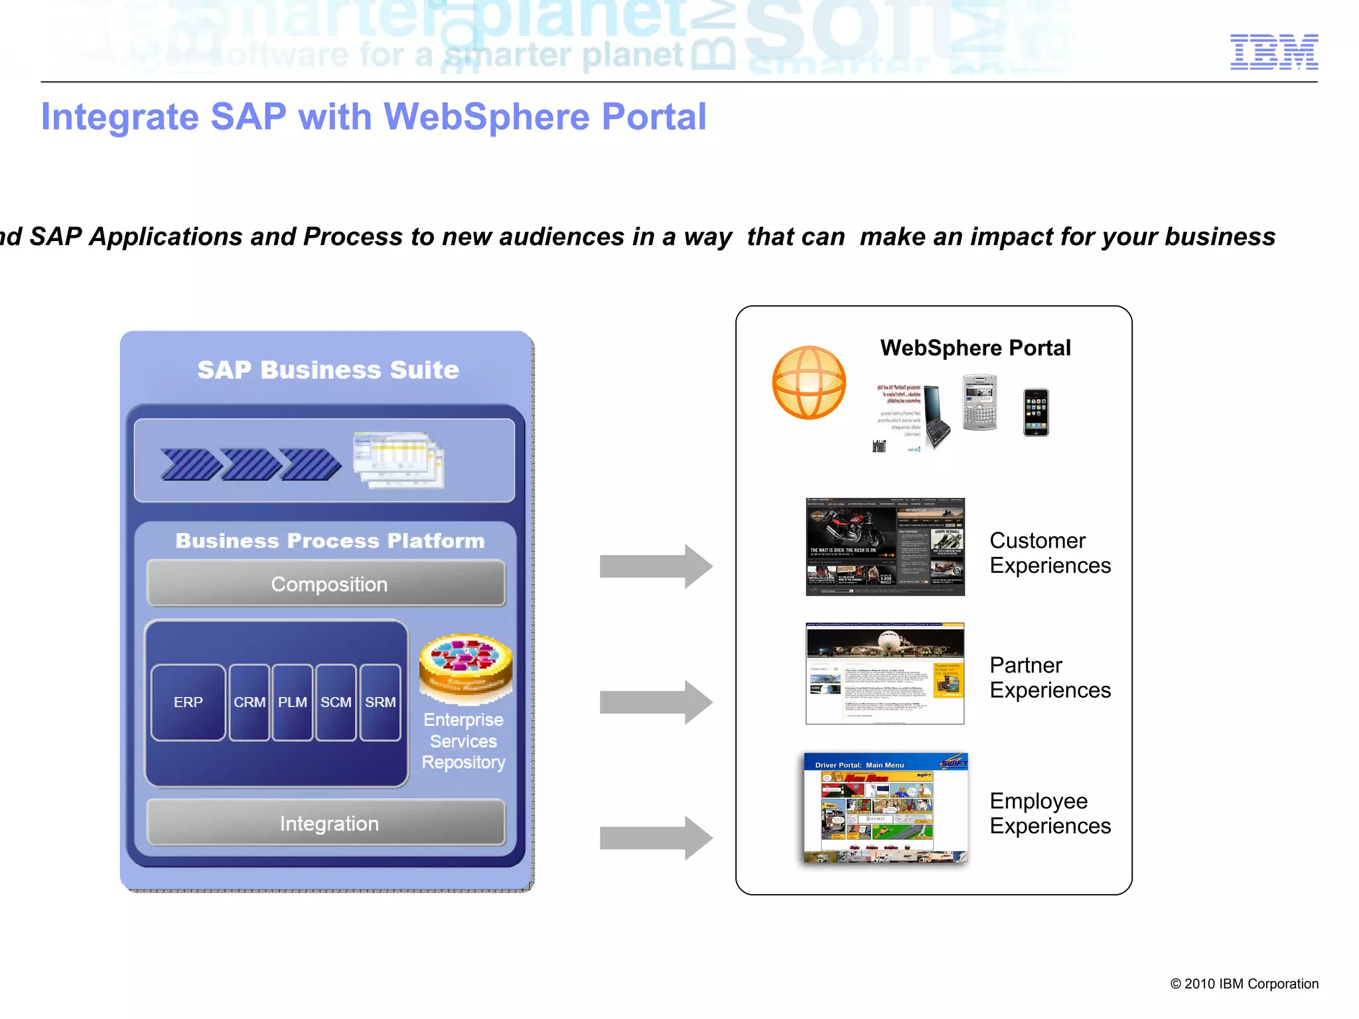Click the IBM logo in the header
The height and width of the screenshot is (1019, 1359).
(x=1273, y=52)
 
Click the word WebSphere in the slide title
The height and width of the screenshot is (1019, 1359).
(x=486, y=117)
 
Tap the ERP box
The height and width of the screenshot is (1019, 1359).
(x=188, y=702)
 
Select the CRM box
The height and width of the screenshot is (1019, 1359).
(x=250, y=702)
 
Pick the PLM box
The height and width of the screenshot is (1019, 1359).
(x=293, y=702)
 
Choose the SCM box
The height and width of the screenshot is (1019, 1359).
(x=336, y=702)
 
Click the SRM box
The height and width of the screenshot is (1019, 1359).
(x=380, y=702)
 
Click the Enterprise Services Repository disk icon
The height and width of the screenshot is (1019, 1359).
(x=466, y=667)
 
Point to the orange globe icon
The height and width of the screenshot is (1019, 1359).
(x=809, y=382)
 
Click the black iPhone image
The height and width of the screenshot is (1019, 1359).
(x=1035, y=412)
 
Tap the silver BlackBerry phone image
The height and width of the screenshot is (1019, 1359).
(x=979, y=402)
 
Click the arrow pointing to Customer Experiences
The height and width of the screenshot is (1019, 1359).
(x=655, y=566)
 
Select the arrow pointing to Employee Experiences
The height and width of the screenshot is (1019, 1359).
(x=655, y=838)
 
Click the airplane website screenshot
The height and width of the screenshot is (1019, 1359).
(x=885, y=673)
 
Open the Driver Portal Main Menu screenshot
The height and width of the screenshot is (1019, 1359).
(x=885, y=808)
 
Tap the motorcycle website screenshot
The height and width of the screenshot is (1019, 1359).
(x=885, y=546)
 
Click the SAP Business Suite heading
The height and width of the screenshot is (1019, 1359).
(x=328, y=370)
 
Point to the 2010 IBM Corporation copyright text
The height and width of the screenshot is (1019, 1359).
(x=1244, y=984)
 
